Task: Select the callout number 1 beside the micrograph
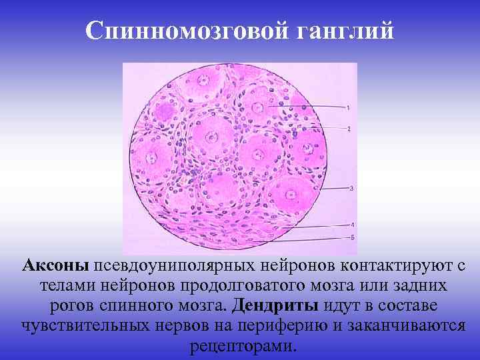click(x=348, y=107)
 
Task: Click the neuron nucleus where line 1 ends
click(x=276, y=105)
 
